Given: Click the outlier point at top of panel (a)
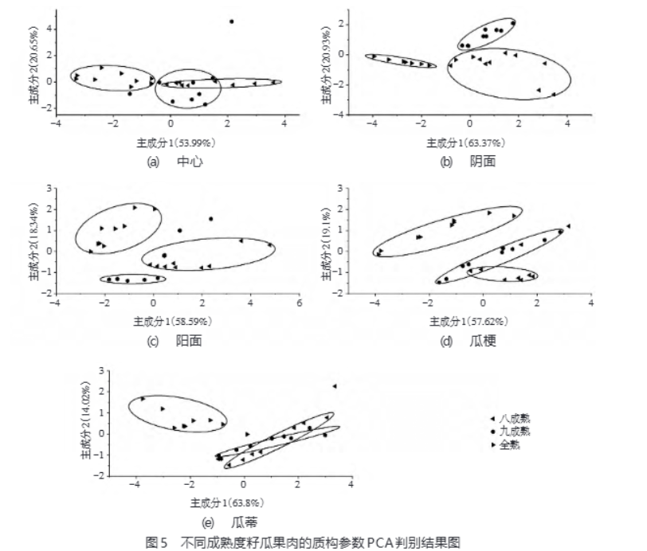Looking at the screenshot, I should (x=231, y=21).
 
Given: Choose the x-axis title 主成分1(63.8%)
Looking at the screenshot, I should (x=228, y=504).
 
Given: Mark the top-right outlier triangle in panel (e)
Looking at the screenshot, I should (x=335, y=386).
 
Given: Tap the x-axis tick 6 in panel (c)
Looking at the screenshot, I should (x=300, y=303).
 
